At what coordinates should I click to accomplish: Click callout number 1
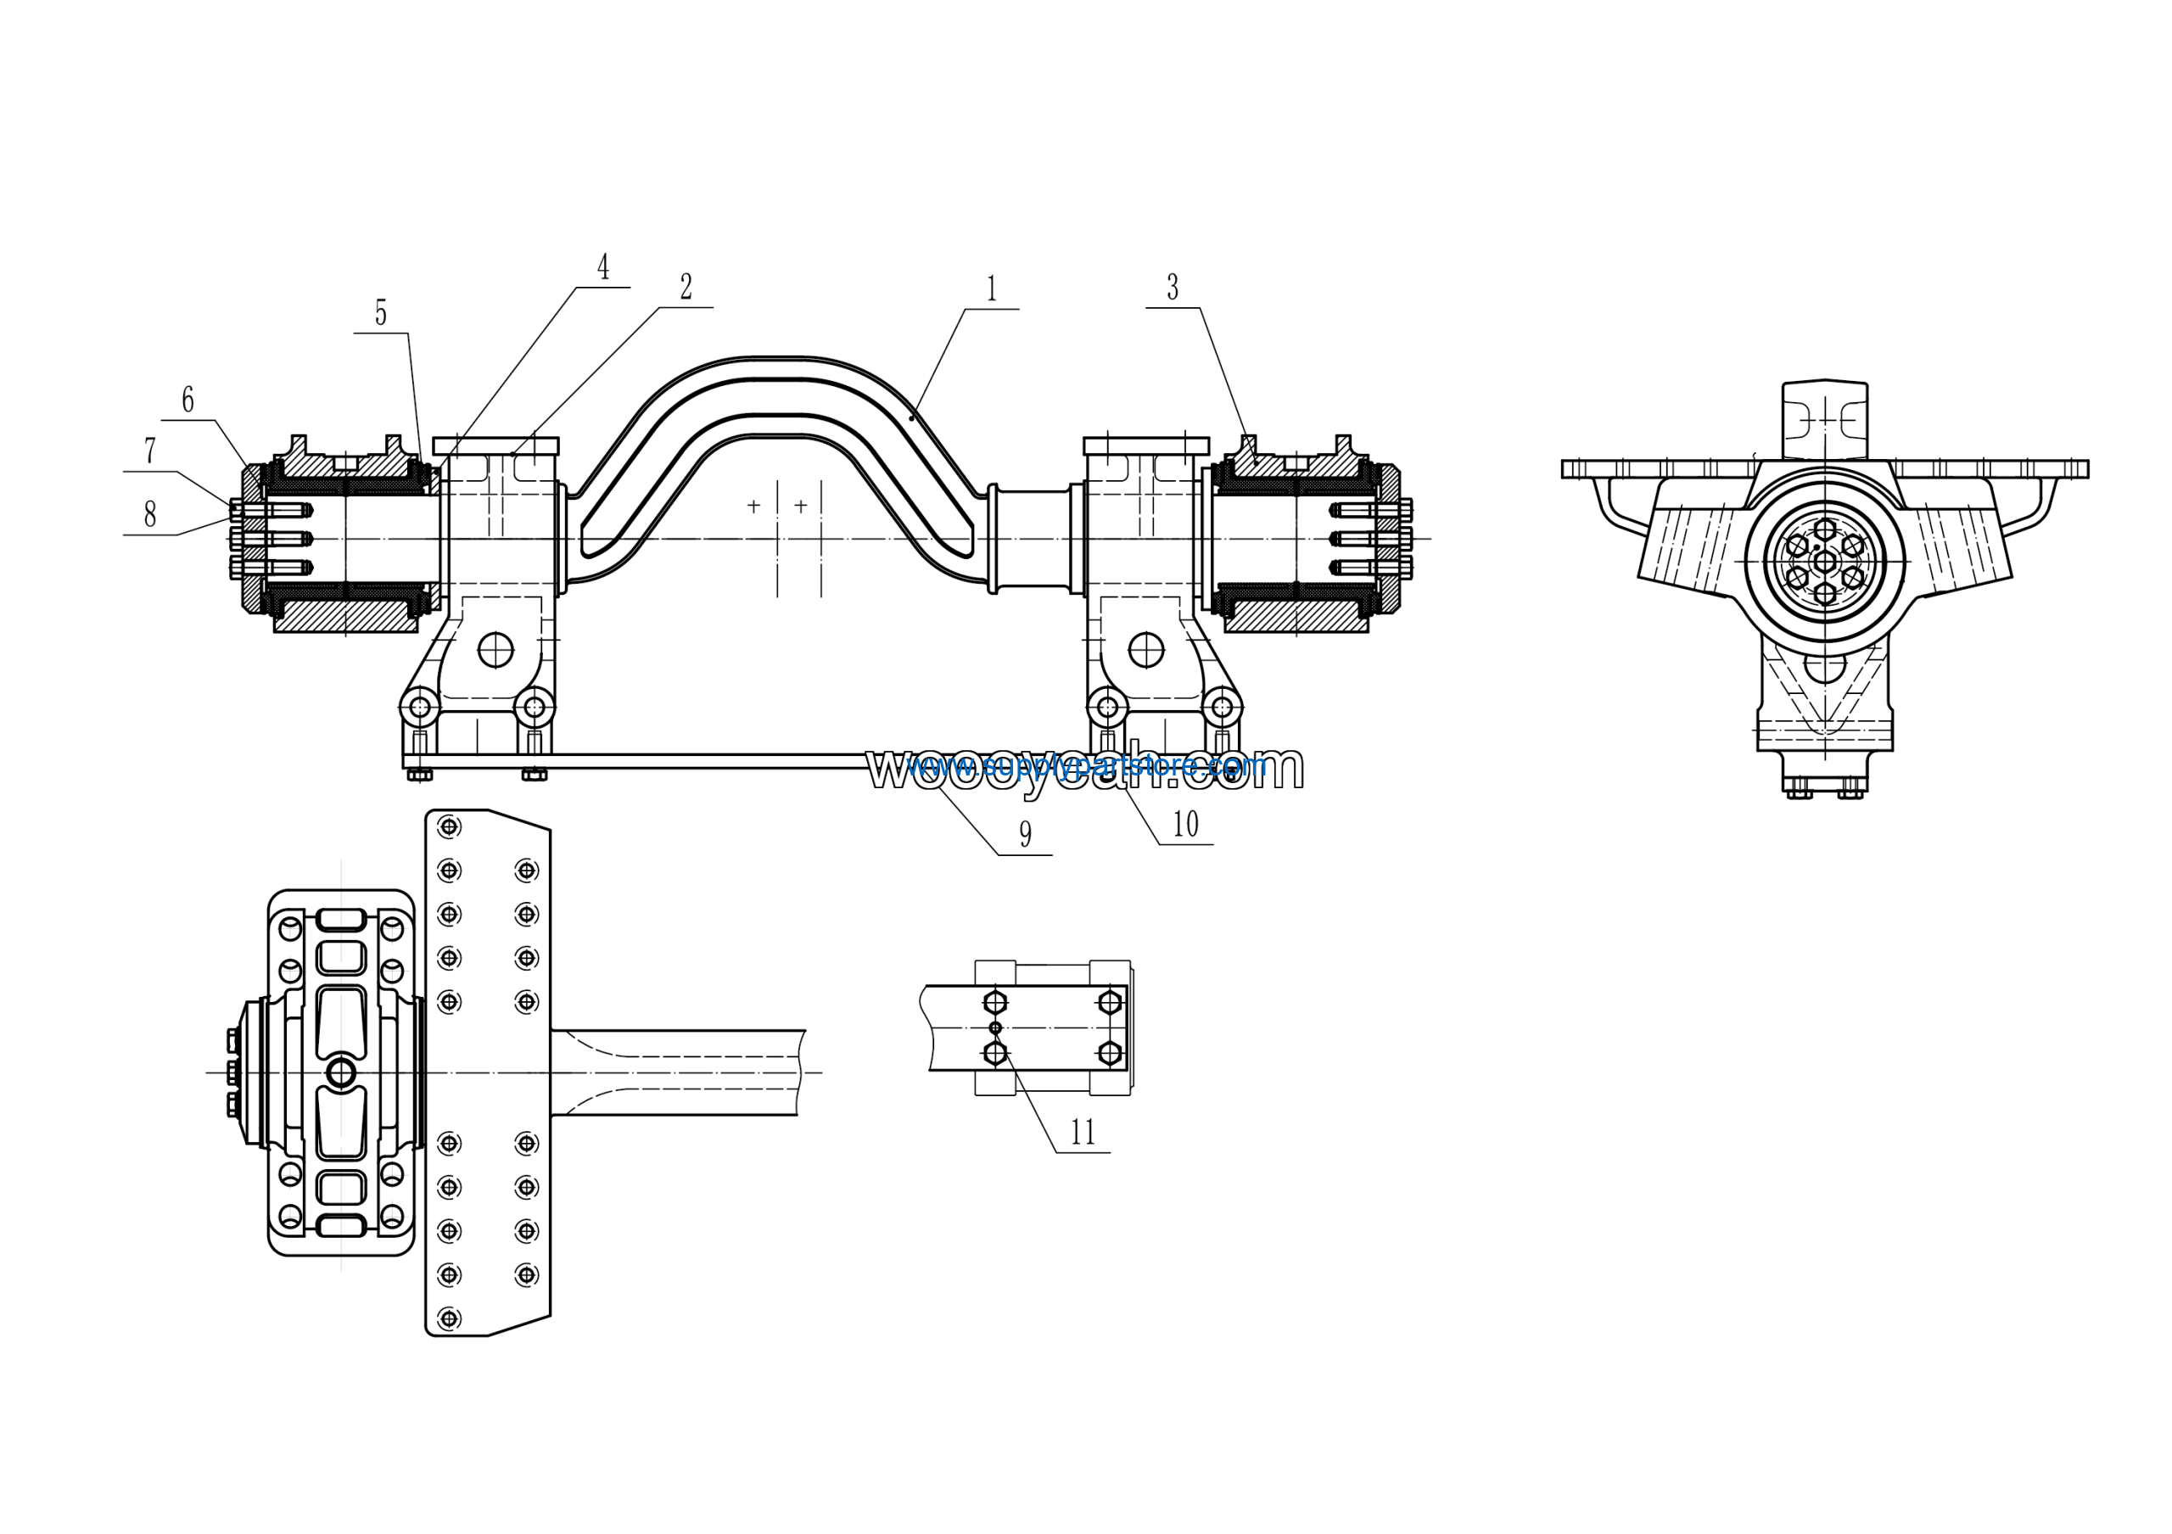click(992, 288)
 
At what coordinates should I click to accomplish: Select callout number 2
click(686, 287)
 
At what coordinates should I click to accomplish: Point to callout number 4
click(602, 266)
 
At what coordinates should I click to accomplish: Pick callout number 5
click(380, 312)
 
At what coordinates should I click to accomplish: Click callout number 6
click(188, 400)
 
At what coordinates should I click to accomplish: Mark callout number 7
click(149, 451)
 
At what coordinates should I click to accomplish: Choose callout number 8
click(149, 514)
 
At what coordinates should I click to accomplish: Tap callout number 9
click(1026, 834)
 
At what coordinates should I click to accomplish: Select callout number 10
click(1185, 825)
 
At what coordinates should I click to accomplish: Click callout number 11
click(1083, 1132)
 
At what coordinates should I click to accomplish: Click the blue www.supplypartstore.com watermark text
click(1087, 765)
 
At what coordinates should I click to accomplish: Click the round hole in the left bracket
click(495, 650)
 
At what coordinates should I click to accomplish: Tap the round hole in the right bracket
click(1146, 650)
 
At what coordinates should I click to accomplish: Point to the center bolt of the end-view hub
click(1825, 563)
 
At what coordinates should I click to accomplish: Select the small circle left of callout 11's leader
click(994, 1028)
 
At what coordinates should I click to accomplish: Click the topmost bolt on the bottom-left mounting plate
click(451, 826)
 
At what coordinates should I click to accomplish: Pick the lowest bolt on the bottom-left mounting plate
click(451, 1318)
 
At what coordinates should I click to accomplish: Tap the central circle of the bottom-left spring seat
click(340, 1072)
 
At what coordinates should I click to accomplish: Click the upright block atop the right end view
click(1825, 421)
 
